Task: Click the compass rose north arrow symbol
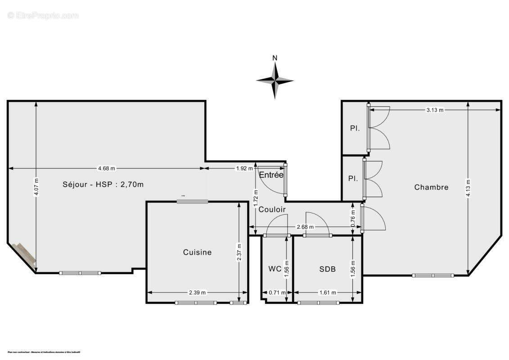[275, 81]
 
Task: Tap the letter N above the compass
[275, 58]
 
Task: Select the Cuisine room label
[197, 252]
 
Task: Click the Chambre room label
[431, 187]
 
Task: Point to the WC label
[275, 269]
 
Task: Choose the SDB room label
[327, 269]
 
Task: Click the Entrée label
[271, 175]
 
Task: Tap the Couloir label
[272, 209]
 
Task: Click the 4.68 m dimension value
[107, 168]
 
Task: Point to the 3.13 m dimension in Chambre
[435, 110]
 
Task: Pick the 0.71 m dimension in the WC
[277, 292]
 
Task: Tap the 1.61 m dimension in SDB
[327, 292]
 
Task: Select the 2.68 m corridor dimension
[305, 227]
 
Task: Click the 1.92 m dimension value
[244, 168]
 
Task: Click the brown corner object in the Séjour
[24, 254]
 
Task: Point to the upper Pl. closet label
[355, 128]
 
